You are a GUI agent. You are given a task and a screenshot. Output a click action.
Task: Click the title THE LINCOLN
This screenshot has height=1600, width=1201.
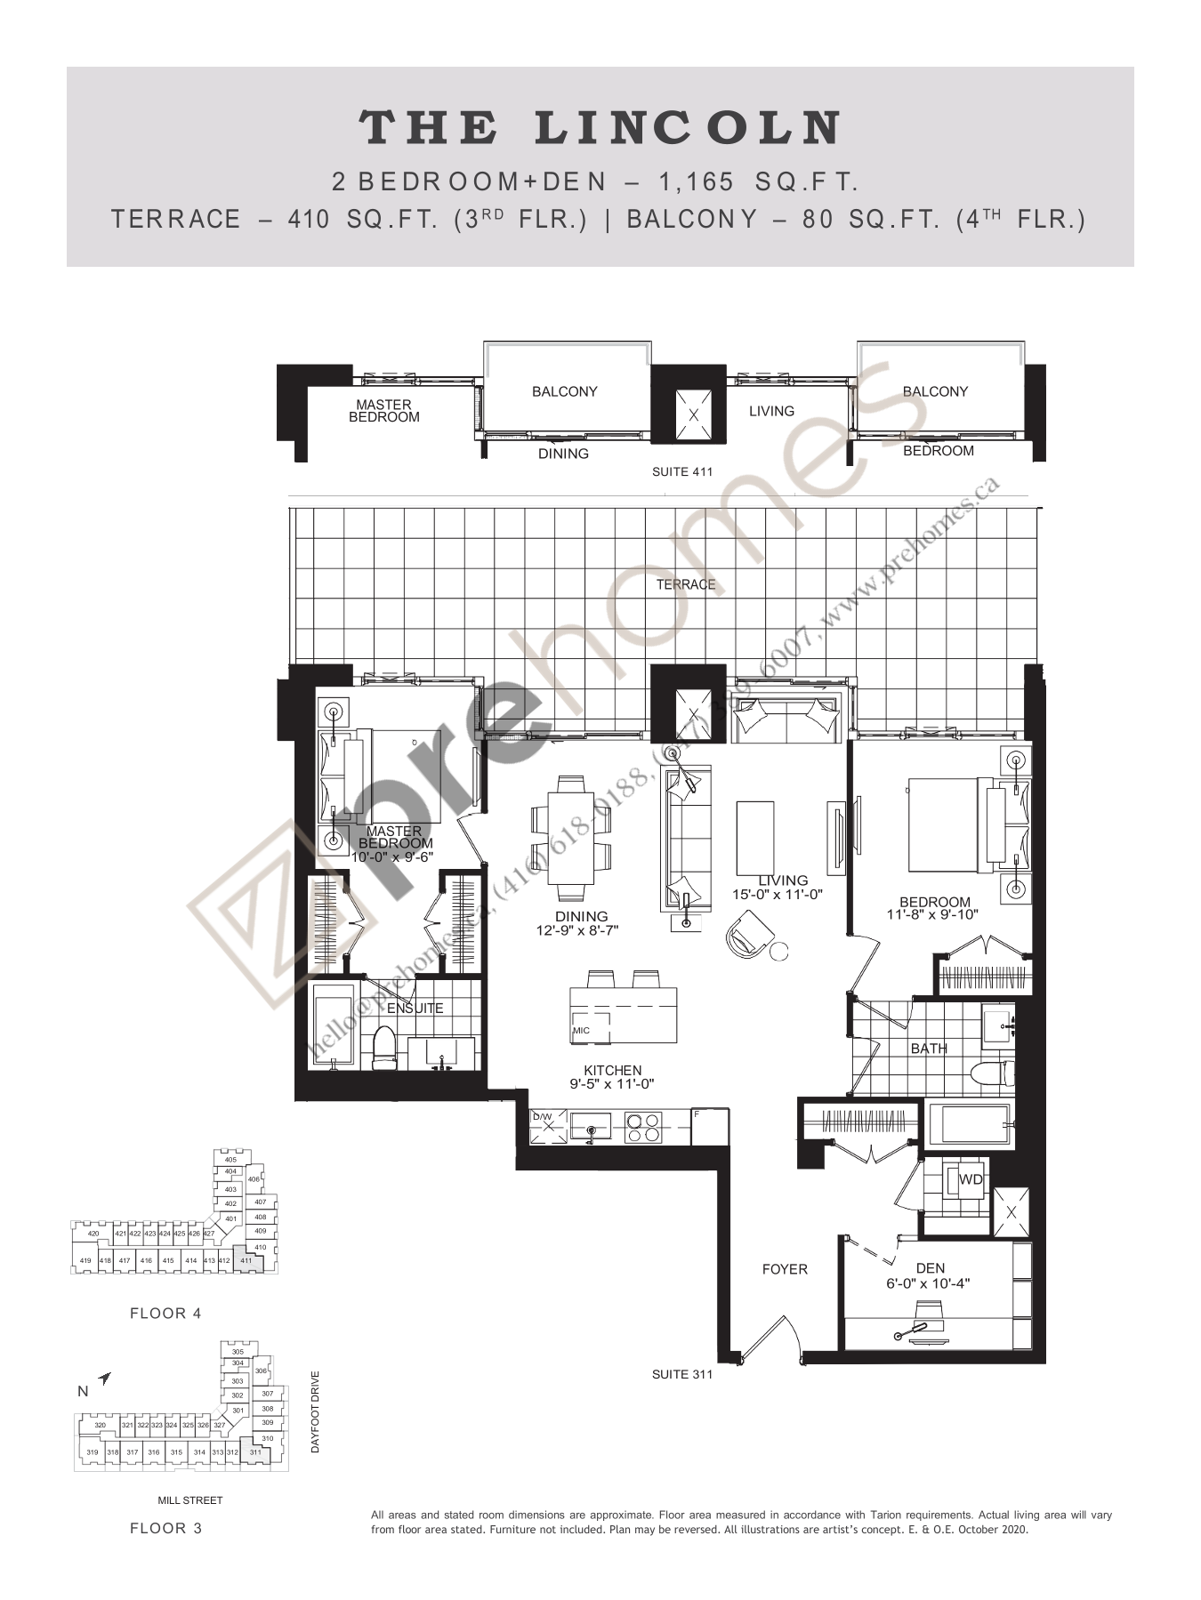click(600, 128)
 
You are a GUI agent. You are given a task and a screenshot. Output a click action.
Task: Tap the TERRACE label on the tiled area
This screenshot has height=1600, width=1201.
click(685, 584)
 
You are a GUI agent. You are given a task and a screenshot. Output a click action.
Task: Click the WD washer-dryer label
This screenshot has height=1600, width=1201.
click(971, 1179)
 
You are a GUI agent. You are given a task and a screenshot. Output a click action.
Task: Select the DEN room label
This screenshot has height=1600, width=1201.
click(931, 1268)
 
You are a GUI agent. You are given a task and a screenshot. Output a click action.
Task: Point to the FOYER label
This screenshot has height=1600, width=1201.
click(785, 1269)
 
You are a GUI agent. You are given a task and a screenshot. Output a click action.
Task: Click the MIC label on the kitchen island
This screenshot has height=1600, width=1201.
click(581, 1030)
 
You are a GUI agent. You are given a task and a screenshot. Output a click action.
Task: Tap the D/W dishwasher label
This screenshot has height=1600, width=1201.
click(542, 1116)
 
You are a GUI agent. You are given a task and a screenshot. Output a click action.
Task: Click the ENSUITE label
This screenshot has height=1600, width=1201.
click(415, 1008)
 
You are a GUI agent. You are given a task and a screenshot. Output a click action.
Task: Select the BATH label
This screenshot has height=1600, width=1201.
click(929, 1049)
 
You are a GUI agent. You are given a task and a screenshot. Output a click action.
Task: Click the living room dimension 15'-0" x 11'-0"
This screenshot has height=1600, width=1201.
click(778, 895)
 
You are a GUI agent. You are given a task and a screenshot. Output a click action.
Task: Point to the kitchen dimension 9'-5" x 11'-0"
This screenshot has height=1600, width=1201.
click(613, 1084)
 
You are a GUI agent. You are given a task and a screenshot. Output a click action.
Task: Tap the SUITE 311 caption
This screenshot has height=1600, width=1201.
click(682, 1374)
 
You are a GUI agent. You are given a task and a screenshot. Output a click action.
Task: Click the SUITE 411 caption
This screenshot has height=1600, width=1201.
click(682, 472)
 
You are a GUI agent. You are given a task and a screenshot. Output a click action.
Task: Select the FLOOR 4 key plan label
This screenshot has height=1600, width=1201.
click(165, 1313)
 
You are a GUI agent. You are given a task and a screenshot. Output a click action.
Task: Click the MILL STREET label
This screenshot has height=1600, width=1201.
click(190, 1500)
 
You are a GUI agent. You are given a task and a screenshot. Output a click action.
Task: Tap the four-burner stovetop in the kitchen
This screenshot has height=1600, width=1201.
click(643, 1128)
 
